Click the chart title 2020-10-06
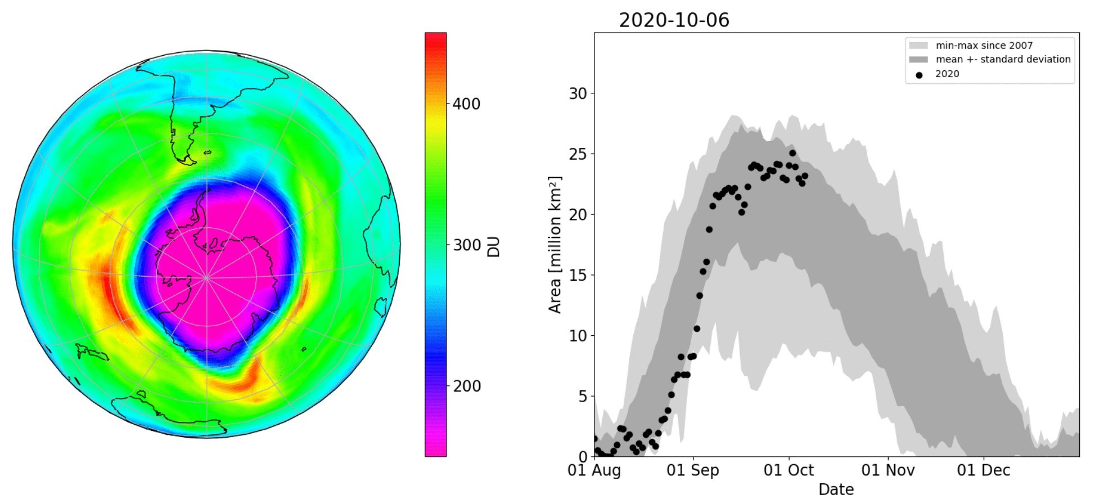674,20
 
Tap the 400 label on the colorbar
466,104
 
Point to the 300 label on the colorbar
466,245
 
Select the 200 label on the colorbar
466,386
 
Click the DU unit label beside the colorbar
493,247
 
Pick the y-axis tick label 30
578,93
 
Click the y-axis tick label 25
578,154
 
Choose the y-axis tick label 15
578,275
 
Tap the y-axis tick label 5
582,397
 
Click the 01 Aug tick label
594,470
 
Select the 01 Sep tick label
692,470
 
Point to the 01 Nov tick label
888,470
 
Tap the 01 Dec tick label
983,470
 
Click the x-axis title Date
836,489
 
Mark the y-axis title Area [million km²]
555,245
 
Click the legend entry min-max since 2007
984,46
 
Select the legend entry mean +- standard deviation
1003,59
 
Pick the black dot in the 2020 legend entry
919,75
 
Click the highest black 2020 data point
792,153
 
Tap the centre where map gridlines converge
206,277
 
